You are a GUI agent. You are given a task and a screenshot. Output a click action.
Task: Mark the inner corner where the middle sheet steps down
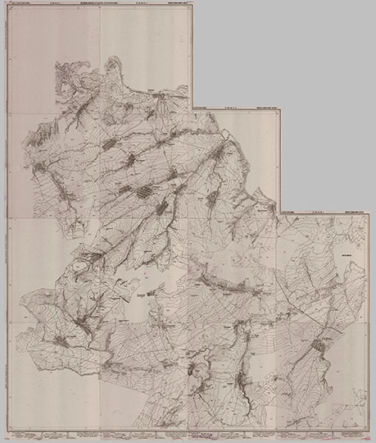279,211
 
